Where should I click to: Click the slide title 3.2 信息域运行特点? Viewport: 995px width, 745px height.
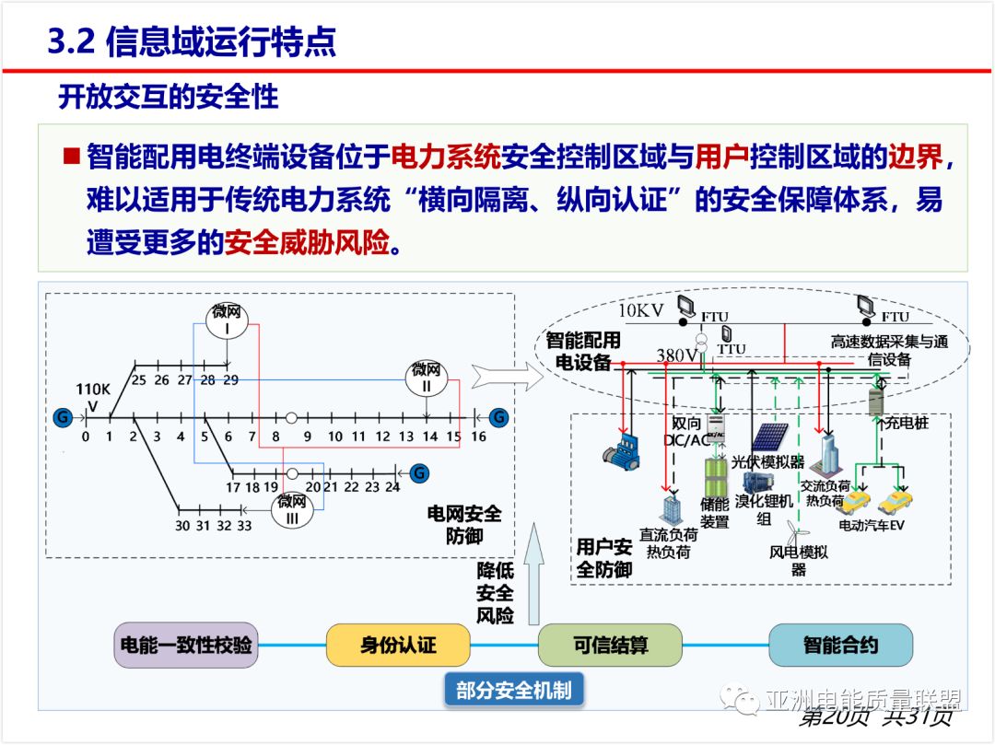click(x=192, y=42)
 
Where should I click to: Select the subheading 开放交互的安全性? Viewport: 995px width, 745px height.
click(x=168, y=97)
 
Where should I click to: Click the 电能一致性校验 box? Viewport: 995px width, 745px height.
click(x=185, y=645)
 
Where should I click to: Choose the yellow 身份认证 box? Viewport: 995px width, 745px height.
click(x=398, y=645)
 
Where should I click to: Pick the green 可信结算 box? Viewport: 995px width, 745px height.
click(x=610, y=645)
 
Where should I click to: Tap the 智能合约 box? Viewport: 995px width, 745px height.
click(x=840, y=645)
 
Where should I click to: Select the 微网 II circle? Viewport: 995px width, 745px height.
click(x=427, y=378)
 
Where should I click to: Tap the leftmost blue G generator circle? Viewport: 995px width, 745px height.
click(x=63, y=417)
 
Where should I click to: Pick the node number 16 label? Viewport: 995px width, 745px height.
click(x=478, y=437)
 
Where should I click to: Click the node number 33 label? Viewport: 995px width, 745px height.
click(x=244, y=526)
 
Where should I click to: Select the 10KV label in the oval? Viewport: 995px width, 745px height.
click(x=640, y=310)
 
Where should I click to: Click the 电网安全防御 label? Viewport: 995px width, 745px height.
click(x=464, y=524)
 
